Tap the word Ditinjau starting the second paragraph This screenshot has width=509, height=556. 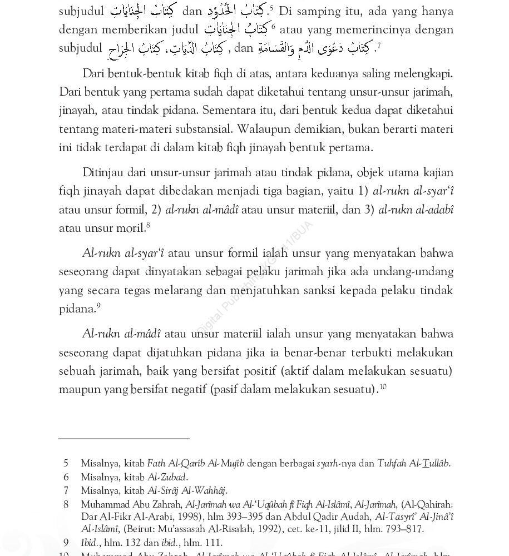pyautogui.click(x=103, y=172)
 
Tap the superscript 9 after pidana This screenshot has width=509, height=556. pyautogui.click(x=98, y=305)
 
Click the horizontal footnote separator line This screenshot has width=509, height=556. pyautogui.click(x=123, y=439)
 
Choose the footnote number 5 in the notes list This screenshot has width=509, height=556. pyautogui.click(x=66, y=463)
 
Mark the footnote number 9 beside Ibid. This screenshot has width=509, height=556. pyautogui.click(x=66, y=543)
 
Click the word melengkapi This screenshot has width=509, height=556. pyautogui.click(x=424, y=73)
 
